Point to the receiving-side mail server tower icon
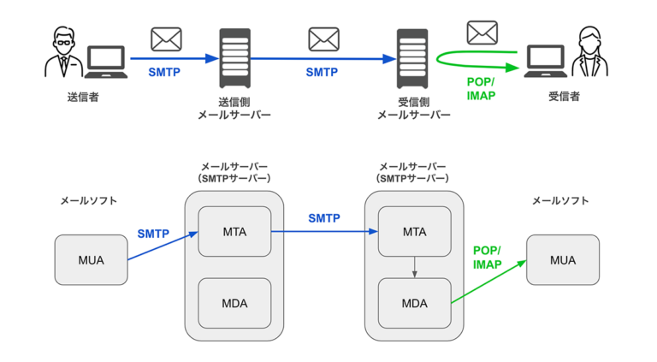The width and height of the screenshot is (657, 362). (412, 58)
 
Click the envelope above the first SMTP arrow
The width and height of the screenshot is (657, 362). (165, 39)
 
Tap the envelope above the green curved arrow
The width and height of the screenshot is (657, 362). (482, 33)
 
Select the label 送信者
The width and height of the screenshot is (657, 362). (83, 98)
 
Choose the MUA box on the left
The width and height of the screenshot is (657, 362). (91, 260)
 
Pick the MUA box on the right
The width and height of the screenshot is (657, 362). (563, 260)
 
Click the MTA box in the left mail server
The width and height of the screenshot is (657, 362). (234, 231)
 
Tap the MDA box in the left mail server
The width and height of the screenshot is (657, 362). (234, 303)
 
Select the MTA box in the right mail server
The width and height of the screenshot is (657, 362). (414, 231)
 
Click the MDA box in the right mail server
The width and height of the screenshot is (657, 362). (414, 303)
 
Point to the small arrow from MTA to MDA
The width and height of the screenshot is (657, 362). (414, 267)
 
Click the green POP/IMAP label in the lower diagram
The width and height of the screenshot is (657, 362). (488, 258)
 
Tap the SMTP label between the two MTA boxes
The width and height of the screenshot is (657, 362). (324, 218)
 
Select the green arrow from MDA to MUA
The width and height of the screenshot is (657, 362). (488, 283)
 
